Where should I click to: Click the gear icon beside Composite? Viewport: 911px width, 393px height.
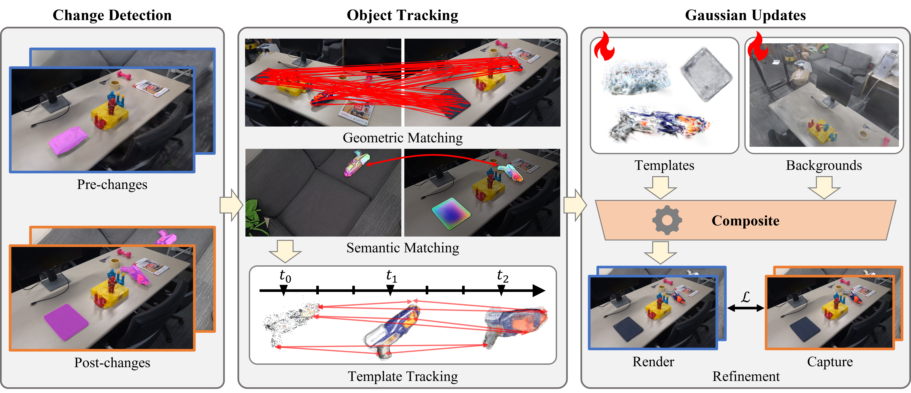pyautogui.click(x=667, y=220)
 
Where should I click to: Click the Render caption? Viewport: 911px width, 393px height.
pyautogui.click(x=653, y=362)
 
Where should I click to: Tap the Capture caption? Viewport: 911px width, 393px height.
pyautogui.click(x=830, y=362)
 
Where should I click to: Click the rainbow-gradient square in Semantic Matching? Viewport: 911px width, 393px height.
pyautogui.click(x=451, y=213)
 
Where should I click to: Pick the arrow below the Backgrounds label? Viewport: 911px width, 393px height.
pyautogui.click(x=824, y=187)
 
